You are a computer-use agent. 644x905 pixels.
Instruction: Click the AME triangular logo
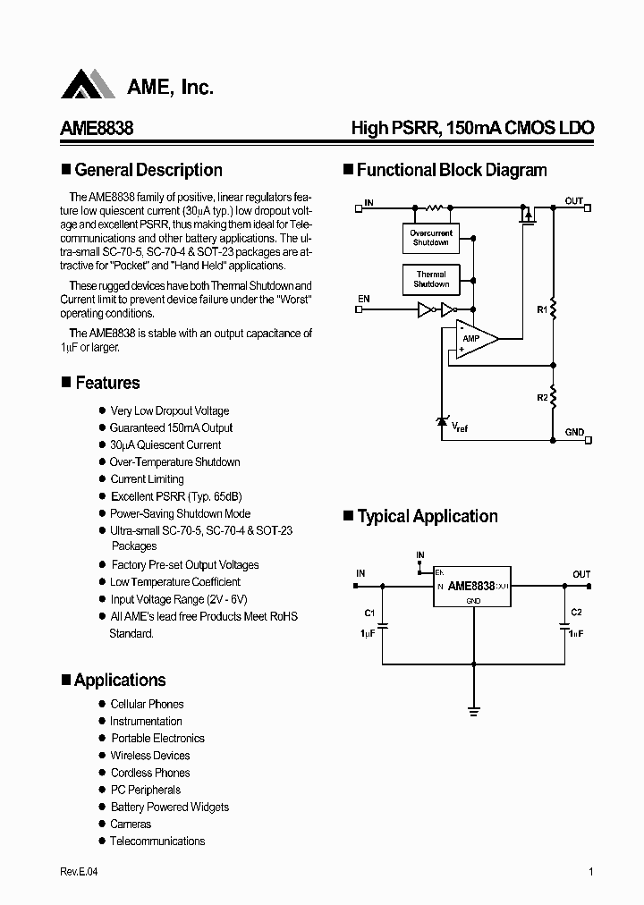coord(88,85)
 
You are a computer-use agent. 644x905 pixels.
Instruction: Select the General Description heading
coord(148,170)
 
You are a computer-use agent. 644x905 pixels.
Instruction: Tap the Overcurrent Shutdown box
coord(431,238)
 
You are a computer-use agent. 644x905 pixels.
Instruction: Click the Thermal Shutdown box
coord(431,279)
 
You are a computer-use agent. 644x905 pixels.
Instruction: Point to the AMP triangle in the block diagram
coord(474,339)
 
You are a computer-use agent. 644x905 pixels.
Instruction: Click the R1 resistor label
coord(541,309)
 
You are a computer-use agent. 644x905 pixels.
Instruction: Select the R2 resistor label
coord(541,396)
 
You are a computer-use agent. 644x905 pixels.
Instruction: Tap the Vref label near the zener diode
coord(459,427)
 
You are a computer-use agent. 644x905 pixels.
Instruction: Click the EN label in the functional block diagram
coord(364,298)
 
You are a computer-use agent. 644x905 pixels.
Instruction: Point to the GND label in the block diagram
coord(573,433)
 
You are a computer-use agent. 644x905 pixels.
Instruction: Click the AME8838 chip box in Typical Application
coord(472,587)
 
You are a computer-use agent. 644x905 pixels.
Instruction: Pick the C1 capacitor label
coord(369,613)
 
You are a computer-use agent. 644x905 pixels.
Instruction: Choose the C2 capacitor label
coord(576,613)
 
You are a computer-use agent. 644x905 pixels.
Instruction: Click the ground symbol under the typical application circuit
coord(472,712)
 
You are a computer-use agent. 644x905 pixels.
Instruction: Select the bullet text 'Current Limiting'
coord(147,479)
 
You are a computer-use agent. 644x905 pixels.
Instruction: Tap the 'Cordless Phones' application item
coord(150,773)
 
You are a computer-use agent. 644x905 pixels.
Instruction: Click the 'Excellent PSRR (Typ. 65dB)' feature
coord(176,496)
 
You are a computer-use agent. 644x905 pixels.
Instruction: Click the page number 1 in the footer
coord(591,873)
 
